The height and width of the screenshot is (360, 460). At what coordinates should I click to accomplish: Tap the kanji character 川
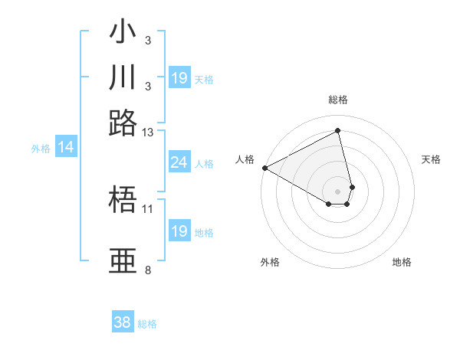(123, 77)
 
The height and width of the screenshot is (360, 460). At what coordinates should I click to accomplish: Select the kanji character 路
(123, 122)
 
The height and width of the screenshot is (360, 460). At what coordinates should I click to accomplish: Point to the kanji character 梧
(123, 201)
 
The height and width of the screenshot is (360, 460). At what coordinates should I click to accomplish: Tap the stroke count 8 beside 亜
(147, 270)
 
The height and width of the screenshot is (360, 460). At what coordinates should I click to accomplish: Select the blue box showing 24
(179, 162)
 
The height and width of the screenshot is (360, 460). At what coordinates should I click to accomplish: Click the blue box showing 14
(66, 148)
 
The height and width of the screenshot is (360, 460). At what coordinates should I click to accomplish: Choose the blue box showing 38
(122, 322)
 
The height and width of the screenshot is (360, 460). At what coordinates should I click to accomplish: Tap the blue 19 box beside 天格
(179, 78)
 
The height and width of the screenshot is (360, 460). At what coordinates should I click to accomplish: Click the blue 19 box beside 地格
(179, 231)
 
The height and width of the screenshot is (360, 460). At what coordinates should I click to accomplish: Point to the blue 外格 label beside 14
(41, 149)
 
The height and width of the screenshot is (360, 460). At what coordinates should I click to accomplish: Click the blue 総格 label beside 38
(147, 324)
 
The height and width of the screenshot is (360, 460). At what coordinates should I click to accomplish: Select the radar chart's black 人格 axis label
(245, 159)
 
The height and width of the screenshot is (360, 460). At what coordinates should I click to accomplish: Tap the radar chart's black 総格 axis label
(338, 100)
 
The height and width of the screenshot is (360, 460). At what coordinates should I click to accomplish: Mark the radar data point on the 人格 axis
(264, 168)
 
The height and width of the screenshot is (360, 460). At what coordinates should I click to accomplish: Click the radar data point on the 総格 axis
(338, 131)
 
